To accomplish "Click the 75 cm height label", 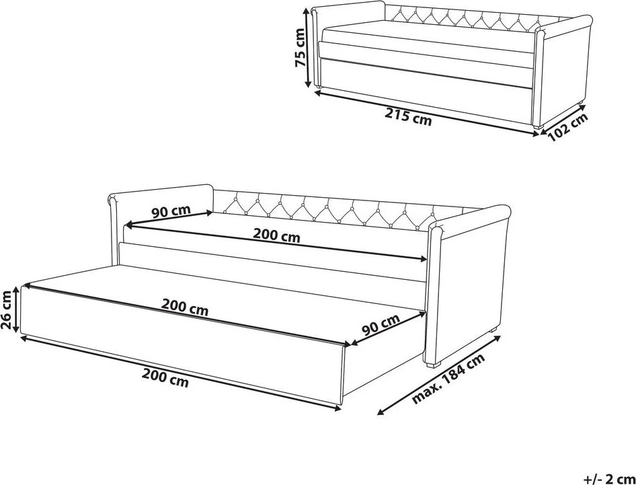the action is [300, 47].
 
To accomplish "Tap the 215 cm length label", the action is [408, 116].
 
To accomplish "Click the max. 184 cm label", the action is [449, 379].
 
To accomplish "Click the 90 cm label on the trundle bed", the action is [381, 324].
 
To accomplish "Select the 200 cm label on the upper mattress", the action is [276, 235].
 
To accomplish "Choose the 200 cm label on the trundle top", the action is [185, 307].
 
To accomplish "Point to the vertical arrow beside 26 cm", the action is [16, 309].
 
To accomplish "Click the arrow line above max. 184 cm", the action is [438, 375].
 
